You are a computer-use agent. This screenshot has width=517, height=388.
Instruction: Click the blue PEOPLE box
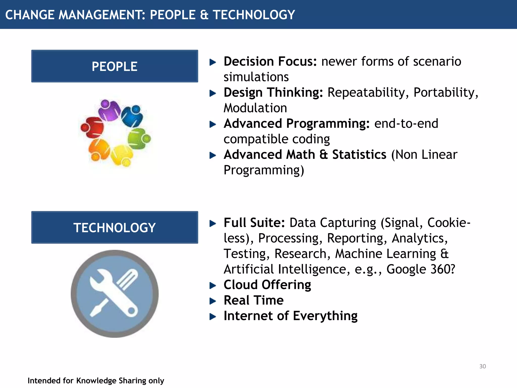115,66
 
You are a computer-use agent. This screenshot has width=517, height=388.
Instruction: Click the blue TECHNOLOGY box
115,227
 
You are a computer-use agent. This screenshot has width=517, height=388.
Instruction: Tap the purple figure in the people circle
109,110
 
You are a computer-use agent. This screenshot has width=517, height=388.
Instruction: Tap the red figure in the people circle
93,127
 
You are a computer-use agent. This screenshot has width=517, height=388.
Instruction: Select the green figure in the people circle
138,138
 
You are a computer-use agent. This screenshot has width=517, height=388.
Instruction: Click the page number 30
482,366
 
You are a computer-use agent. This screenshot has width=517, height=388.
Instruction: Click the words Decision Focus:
270,61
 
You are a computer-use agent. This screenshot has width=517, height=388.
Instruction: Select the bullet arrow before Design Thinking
213,93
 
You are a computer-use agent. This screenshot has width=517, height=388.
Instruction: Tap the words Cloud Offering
267,285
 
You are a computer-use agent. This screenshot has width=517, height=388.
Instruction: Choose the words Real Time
253,300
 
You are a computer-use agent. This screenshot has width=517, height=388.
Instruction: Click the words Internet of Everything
290,316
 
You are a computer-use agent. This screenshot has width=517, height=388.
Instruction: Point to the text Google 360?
421,269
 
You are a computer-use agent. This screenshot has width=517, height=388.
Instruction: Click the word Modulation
255,108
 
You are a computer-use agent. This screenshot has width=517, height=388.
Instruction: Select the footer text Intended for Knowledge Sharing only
96,380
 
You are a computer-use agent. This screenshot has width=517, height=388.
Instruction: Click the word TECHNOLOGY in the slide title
254,15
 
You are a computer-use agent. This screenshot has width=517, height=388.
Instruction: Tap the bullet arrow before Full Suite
213,223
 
